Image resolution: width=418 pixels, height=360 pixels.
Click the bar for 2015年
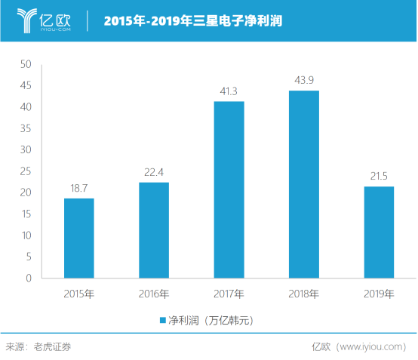[78, 238]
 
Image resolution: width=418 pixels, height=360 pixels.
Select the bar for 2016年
[153, 230]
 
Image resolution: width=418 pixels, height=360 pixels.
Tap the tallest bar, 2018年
[303, 184]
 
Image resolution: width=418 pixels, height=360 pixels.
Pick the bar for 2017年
[229, 189]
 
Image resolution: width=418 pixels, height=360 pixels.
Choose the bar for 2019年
[379, 232]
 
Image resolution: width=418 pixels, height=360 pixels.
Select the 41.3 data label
[229, 91]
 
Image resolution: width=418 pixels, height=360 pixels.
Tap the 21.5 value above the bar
[379, 177]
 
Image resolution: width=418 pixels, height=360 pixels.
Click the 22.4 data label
[153, 173]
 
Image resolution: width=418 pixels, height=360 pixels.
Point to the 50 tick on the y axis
[25, 65]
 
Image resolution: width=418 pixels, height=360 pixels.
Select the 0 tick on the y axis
[27, 278]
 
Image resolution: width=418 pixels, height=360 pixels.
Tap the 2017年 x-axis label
[229, 294]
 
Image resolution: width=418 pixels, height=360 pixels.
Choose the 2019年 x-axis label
[379, 294]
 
